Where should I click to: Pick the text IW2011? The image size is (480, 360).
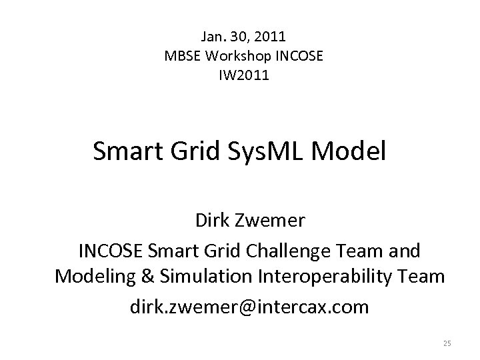click(244, 75)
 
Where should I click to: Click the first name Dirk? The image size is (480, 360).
click(212, 220)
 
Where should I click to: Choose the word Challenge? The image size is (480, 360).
click(301, 251)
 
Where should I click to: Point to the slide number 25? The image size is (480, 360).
click(447, 343)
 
